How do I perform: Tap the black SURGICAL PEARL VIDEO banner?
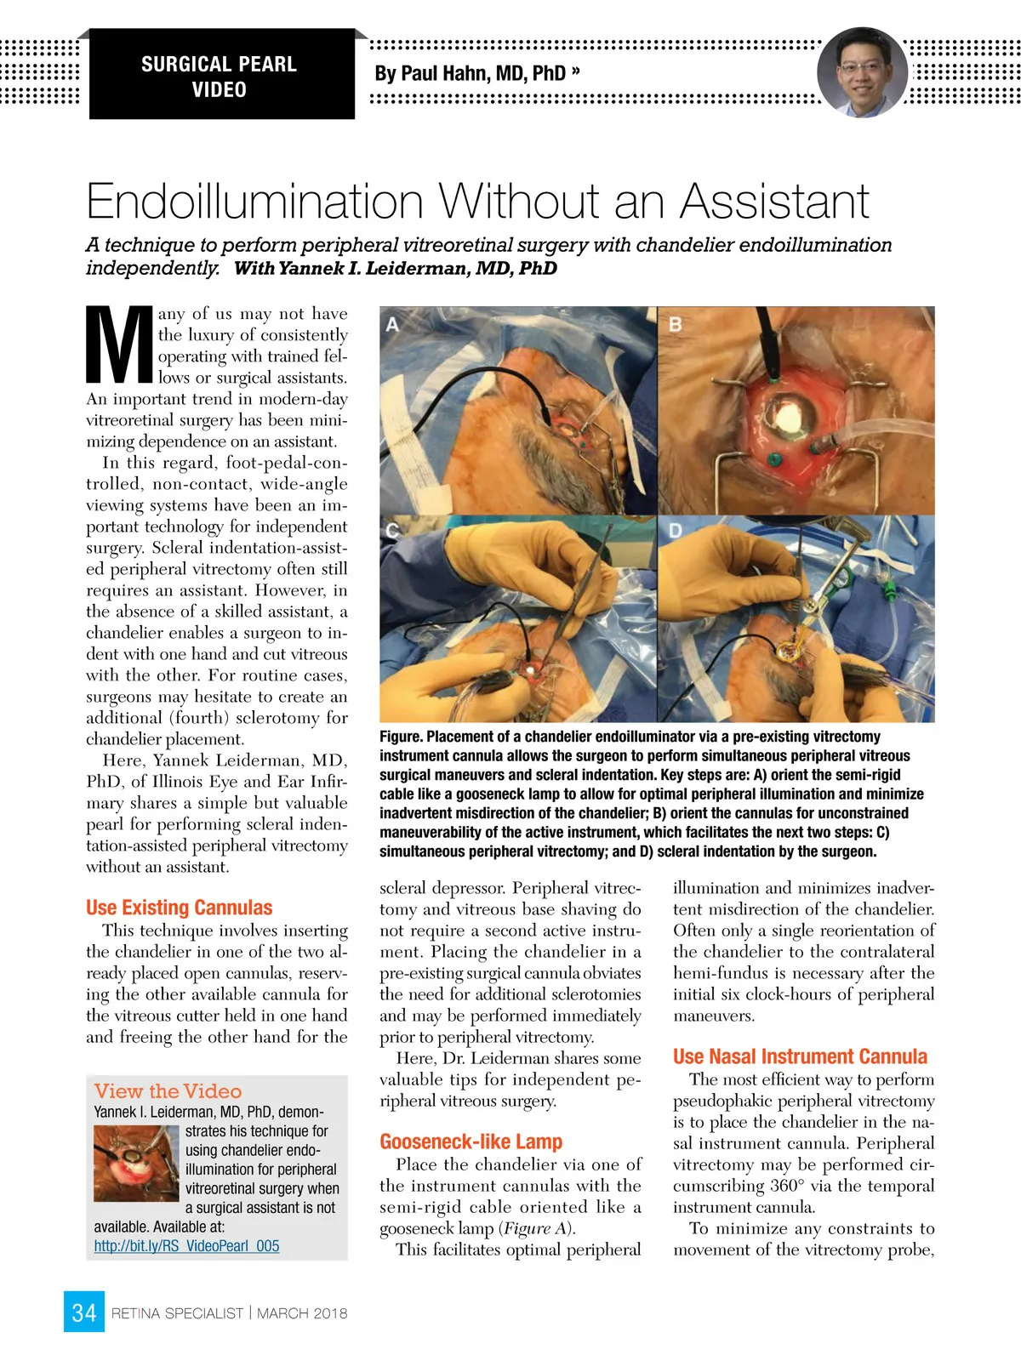[220, 76]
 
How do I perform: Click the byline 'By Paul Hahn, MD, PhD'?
[471, 74]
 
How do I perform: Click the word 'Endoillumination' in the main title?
[255, 202]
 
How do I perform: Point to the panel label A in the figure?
[392, 324]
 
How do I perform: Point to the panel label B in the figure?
[675, 324]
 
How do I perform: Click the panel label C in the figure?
[392, 531]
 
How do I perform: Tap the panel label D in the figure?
[675, 531]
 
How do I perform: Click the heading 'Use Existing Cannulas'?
[180, 907]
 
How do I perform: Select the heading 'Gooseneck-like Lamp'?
[471, 1141]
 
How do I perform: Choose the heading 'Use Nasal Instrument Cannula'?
[800, 1056]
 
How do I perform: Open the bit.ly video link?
[186, 1246]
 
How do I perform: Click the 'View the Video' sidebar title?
[168, 1091]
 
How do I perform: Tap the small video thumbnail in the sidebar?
[136, 1164]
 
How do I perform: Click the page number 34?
[83, 1312]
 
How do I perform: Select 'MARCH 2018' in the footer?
[302, 1313]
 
